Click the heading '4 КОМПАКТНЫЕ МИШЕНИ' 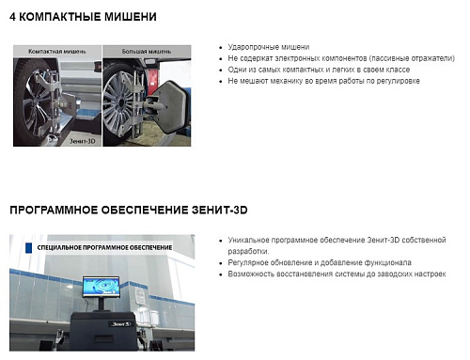84,17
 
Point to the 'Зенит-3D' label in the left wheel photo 81,136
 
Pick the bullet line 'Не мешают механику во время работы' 323,81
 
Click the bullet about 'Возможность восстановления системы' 330,274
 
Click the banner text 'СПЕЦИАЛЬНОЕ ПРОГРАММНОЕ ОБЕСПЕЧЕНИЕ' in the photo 105,247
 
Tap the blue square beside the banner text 30,247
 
